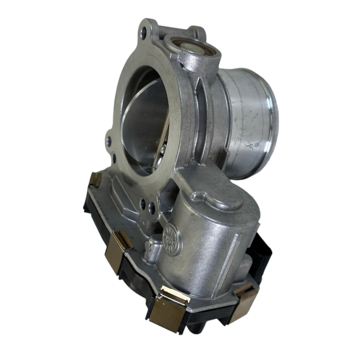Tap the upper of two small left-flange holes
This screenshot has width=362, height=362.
[x=109, y=139]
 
